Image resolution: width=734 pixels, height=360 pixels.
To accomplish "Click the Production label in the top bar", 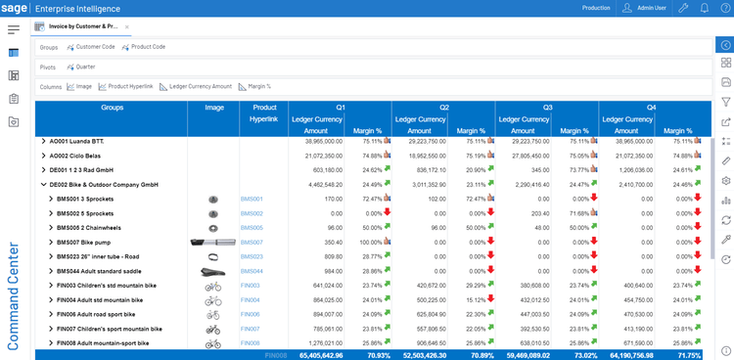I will [596, 8].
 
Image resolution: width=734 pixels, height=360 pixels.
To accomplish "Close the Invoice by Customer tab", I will [127, 26].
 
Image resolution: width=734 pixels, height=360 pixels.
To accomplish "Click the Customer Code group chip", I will [95, 47].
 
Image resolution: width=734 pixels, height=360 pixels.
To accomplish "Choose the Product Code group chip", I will [148, 47].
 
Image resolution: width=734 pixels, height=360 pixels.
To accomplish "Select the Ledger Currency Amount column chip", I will [201, 86].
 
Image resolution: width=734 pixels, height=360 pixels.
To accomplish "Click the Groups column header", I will [112, 107].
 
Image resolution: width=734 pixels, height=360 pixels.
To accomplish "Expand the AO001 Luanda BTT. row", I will [42, 141].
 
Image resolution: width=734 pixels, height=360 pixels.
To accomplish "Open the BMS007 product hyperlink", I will [252, 242].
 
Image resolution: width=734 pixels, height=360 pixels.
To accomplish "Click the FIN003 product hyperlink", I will [251, 286].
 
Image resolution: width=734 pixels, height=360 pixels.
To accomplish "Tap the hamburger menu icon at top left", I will [14, 29].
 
